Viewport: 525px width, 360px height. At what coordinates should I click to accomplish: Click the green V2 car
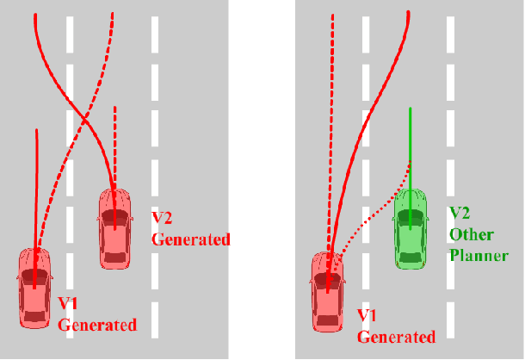411,228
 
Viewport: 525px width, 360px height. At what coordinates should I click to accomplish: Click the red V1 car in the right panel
327,291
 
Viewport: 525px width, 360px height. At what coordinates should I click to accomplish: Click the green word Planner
480,255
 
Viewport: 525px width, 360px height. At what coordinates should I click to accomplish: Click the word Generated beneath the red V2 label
190,239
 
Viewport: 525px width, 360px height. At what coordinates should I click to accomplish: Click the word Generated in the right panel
395,337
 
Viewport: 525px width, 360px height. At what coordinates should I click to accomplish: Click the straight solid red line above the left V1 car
36,189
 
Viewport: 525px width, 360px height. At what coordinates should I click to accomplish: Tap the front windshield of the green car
411,214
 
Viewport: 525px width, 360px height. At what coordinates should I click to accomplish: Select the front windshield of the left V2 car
114,213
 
